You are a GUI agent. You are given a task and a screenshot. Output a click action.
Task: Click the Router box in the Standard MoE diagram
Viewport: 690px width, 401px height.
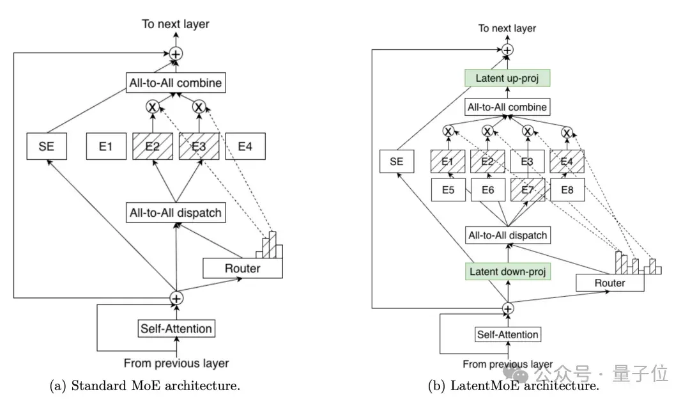pyautogui.click(x=243, y=268)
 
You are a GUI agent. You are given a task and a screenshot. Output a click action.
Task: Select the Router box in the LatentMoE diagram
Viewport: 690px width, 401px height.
pyautogui.click(x=610, y=283)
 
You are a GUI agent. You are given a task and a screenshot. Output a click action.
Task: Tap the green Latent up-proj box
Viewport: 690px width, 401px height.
pyautogui.click(x=507, y=78)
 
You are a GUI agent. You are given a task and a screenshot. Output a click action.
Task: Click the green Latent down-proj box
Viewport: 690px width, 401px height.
pyautogui.click(x=508, y=271)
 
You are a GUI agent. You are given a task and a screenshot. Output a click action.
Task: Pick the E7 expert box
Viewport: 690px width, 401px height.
pyautogui.click(x=528, y=190)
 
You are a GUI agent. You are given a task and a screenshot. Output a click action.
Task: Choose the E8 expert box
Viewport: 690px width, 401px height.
pyautogui.click(x=567, y=190)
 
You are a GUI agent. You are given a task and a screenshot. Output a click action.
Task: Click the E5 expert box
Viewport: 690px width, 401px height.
pyautogui.click(x=448, y=190)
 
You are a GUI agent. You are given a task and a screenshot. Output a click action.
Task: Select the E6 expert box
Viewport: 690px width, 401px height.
pyautogui.click(x=488, y=190)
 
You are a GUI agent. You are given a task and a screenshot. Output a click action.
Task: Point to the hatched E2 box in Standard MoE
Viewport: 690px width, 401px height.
pyautogui.click(x=153, y=146)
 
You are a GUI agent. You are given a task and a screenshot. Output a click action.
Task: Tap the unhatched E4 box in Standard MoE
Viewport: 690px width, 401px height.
pyautogui.click(x=245, y=146)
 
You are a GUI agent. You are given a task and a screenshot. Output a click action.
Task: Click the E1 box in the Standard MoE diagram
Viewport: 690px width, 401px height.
pyautogui.click(x=106, y=146)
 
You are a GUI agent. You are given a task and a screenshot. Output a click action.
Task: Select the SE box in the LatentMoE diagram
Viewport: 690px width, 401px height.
pyautogui.click(x=397, y=161)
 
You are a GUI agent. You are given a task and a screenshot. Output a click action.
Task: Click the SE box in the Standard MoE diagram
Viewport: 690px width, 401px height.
pyautogui.click(x=47, y=146)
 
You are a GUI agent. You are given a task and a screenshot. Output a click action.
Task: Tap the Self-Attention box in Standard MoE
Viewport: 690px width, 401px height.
pyautogui.click(x=176, y=329)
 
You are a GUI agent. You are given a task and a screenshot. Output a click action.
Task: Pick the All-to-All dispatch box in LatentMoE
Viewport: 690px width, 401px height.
pyautogui.click(x=508, y=235)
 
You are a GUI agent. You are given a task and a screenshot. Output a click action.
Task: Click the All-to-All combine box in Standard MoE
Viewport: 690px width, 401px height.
pyautogui.click(x=176, y=83)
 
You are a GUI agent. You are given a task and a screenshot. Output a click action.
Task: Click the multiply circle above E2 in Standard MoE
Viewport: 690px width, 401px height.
pyautogui.click(x=152, y=107)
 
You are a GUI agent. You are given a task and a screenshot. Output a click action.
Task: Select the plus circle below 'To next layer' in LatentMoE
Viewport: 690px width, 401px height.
pyautogui.click(x=507, y=50)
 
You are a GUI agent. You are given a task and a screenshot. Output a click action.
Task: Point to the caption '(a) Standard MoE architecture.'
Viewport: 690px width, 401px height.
pyautogui.click(x=145, y=386)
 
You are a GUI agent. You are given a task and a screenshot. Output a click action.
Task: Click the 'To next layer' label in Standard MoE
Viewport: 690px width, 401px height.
pyautogui.click(x=176, y=24)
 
